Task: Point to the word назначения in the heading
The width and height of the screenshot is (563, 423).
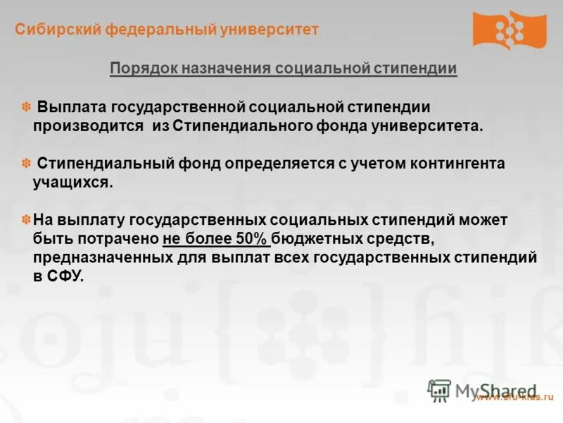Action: pos(217,69)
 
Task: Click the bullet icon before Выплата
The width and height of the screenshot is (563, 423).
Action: pos(25,107)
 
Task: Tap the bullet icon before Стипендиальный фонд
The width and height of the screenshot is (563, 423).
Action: pos(25,164)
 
